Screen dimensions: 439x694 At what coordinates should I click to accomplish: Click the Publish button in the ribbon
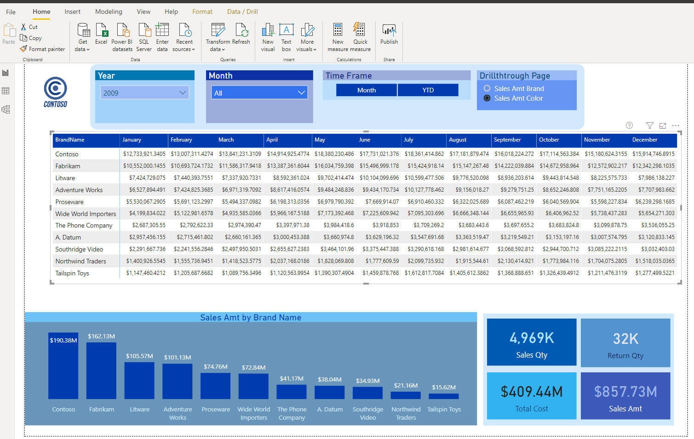pyautogui.click(x=389, y=34)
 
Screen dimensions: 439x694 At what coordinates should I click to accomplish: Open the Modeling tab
pyautogui.click(x=109, y=11)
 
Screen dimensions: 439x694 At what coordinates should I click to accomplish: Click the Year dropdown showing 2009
pyautogui.click(x=144, y=93)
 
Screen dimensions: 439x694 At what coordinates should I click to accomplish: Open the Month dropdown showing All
pyautogui.click(x=259, y=93)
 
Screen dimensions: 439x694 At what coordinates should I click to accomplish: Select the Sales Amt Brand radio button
pyautogui.click(x=487, y=88)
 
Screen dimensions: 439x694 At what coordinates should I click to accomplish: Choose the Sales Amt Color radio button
pyautogui.click(x=487, y=98)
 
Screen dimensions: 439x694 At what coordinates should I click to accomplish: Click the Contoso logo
pyautogui.click(x=56, y=92)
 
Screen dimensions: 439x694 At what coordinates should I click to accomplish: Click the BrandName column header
pyautogui.click(x=70, y=140)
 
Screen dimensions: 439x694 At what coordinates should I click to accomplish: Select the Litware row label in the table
pyautogui.click(x=65, y=178)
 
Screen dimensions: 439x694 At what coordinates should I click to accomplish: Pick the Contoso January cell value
pyautogui.click(x=144, y=154)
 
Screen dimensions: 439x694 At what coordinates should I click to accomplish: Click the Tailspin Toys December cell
pyautogui.click(x=654, y=273)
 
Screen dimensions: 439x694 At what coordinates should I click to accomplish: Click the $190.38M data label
pyautogui.click(x=63, y=340)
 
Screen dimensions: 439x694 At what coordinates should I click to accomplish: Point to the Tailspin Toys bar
pyautogui.click(x=444, y=396)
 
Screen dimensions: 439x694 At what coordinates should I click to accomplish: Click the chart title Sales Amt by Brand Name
pyautogui.click(x=251, y=318)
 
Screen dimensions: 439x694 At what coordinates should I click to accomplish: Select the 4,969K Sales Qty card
pyautogui.click(x=532, y=342)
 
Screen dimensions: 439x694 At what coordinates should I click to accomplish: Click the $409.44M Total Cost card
pyautogui.click(x=532, y=396)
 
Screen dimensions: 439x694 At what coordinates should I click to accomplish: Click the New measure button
pyautogui.click(x=338, y=37)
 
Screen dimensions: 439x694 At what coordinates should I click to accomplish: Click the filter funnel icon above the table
pyautogui.click(x=649, y=125)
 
